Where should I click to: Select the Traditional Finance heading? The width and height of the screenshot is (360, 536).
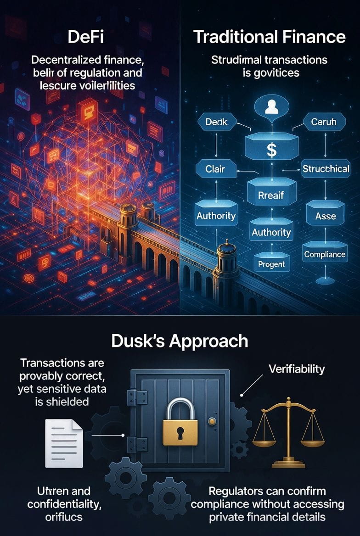point(270,37)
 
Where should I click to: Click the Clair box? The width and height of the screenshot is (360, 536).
point(215,169)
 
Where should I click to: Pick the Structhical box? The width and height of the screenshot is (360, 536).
point(326,168)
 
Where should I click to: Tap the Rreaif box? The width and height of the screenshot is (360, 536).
point(271,195)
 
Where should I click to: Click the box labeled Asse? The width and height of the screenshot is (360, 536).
point(325,216)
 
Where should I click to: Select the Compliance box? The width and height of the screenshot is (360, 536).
point(325,254)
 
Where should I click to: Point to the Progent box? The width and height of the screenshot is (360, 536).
point(271,264)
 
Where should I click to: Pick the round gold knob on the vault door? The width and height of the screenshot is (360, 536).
point(212,421)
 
